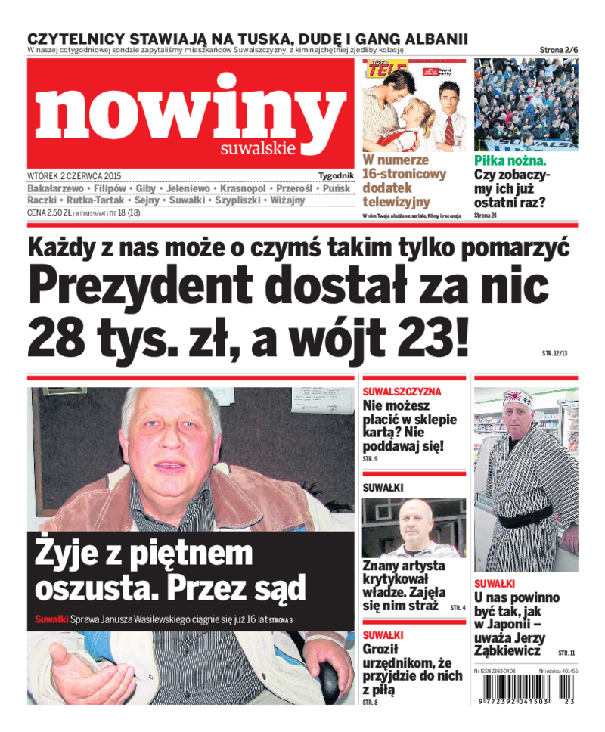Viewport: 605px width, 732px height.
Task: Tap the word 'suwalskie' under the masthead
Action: click(x=258, y=149)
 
